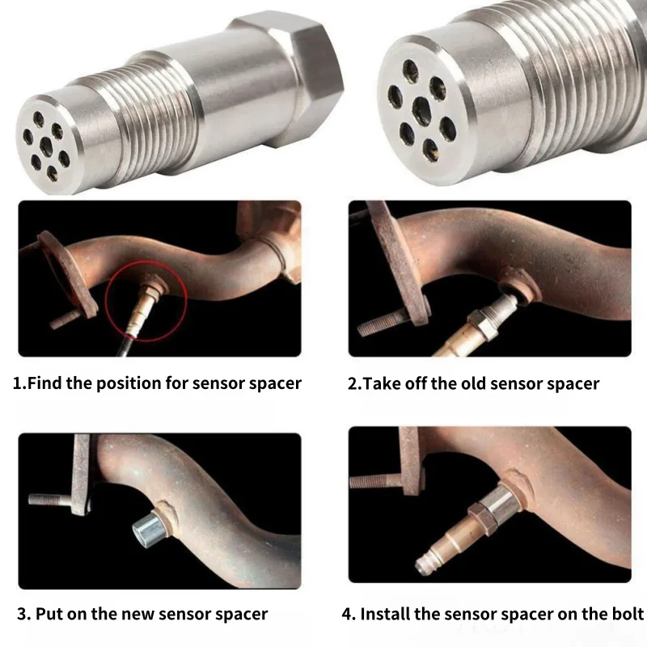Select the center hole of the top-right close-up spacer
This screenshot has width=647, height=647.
coord(421,108)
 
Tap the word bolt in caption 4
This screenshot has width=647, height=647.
coord(625,613)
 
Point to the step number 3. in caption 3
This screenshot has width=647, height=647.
coord(23,613)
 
